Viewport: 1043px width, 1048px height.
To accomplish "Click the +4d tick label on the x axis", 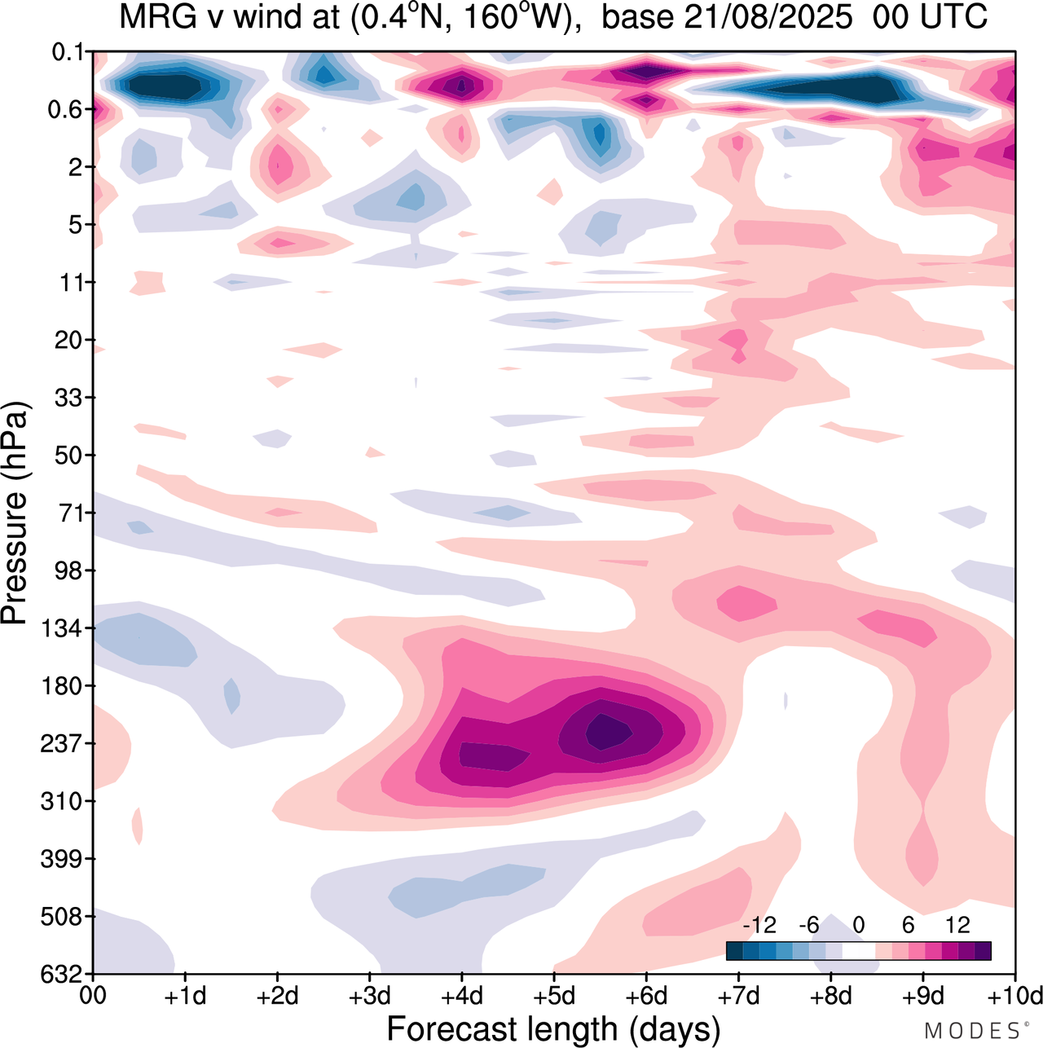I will (462, 996).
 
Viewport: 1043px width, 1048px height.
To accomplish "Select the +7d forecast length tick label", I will (738, 996).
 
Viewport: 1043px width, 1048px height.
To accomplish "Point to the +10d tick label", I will (1015, 996).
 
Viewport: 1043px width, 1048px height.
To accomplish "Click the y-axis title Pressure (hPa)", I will (15, 513).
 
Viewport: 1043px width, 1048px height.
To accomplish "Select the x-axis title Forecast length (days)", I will (553, 1029).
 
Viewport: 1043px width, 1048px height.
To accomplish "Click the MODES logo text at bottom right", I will (971, 1031).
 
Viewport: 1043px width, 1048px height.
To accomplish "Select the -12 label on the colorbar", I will (759, 925).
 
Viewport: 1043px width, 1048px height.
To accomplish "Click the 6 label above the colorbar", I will (908, 925).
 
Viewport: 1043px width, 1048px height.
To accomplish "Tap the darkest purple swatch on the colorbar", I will (983, 951).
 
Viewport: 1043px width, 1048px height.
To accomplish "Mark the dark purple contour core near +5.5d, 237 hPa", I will (601, 731).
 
